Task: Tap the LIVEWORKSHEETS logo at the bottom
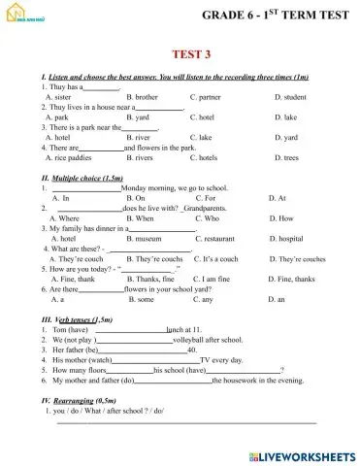pos(302,453)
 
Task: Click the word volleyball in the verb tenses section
pos(188,342)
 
